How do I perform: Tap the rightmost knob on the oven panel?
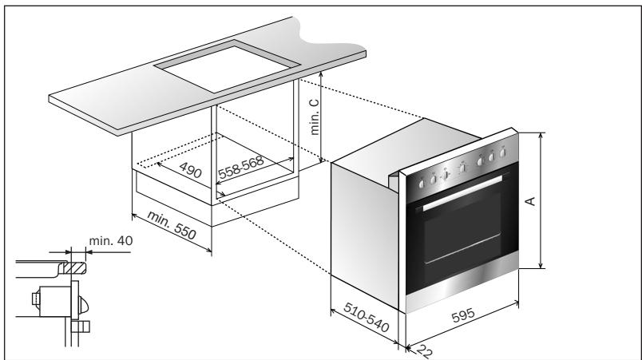click(502, 150)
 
